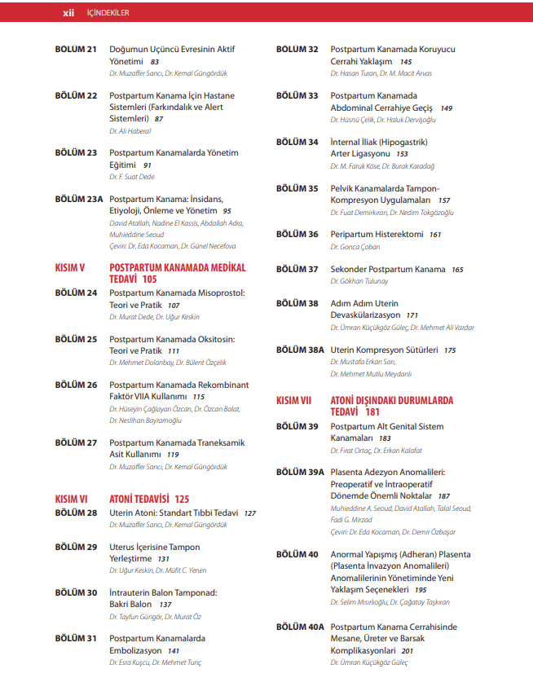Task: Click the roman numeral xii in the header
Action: [x=68, y=12]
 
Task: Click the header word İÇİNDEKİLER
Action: [x=108, y=12]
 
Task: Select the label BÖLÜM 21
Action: [x=76, y=50]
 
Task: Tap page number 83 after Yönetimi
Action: [x=155, y=62]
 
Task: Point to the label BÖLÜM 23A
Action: [x=79, y=198]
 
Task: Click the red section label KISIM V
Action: [x=69, y=267]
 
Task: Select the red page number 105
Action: [x=149, y=279]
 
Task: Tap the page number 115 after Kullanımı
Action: [x=198, y=397]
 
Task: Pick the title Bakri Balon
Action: [x=130, y=605]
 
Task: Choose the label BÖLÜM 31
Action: [x=76, y=638]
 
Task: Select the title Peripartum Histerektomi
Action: [x=377, y=234]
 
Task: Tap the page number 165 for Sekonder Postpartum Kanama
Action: [x=457, y=270]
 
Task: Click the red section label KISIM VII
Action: [x=294, y=401]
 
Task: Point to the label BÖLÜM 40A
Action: [x=301, y=627]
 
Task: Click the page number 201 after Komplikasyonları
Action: [x=407, y=651]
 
